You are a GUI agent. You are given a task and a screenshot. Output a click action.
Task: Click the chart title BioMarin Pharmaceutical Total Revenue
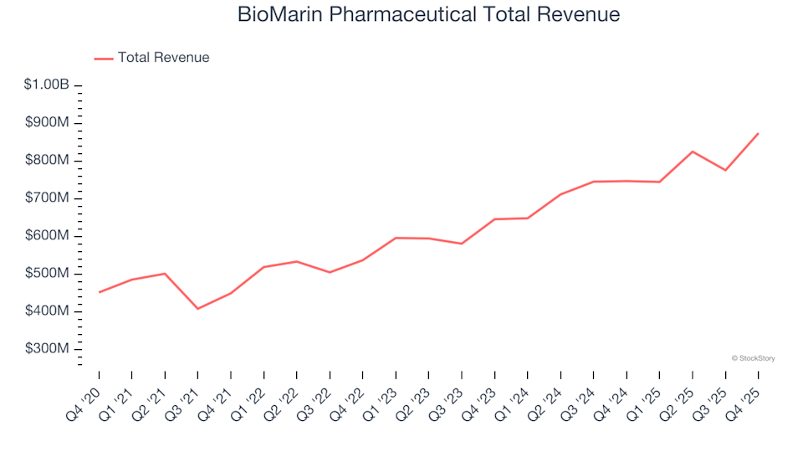[x=428, y=14]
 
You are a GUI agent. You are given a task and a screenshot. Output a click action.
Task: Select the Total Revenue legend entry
[x=163, y=58]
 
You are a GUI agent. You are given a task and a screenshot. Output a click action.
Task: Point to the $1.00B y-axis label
[x=47, y=85]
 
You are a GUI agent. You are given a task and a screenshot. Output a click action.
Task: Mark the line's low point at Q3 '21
[x=198, y=309]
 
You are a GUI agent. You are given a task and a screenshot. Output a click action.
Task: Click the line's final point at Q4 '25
[x=758, y=133]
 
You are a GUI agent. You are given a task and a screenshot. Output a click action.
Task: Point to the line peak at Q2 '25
[x=693, y=152]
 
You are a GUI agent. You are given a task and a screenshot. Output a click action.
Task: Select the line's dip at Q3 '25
[x=725, y=170]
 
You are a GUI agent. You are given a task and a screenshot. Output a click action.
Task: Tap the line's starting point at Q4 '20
[x=100, y=292]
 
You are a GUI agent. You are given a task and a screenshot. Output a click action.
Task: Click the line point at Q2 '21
[x=165, y=274]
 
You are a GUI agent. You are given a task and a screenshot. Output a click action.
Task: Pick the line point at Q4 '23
[x=494, y=219]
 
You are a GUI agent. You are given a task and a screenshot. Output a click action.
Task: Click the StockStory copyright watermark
[x=753, y=358]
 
